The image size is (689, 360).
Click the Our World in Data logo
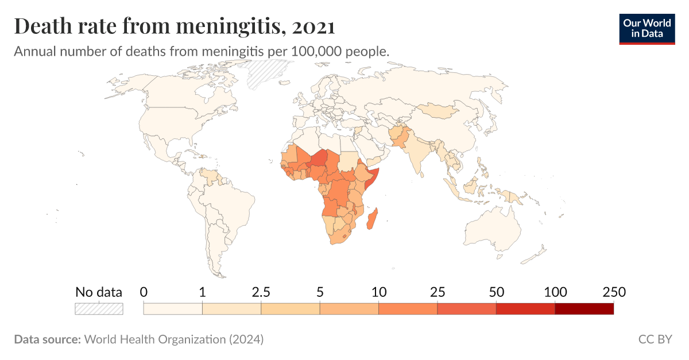pyautogui.click(x=647, y=28)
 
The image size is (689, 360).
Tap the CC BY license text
pyautogui.click(x=655, y=339)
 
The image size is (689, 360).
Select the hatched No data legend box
pyautogui.click(x=99, y=309)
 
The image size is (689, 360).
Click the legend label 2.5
pyautogui.click(x=261, y=292)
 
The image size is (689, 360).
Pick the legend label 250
pyautogui.click(x=613, y=292)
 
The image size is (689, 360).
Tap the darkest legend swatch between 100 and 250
pyautogui.click(x=585, y=309)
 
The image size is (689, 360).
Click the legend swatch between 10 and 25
pyautogui.click(x=408, y=309)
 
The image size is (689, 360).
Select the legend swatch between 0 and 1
pyautogui.click(x=173, y=309)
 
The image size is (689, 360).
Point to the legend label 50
pyautogui.click(x=496, y=292)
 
